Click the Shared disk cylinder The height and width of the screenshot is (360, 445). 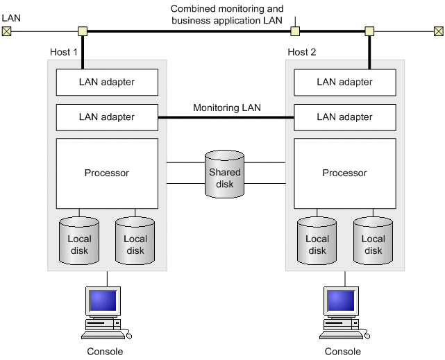click(x=224, y=174)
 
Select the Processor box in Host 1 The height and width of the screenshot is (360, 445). click(x=107, y=173)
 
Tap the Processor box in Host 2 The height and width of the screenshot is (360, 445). click(x=345, y=173)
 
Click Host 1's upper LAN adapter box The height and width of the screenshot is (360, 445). click(x=107, y=83)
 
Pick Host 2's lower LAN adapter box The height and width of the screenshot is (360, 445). click(x=345, y=117)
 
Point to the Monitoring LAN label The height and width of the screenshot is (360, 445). click(x=227, y=108)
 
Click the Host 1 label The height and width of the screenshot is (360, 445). click(x=64, y=52)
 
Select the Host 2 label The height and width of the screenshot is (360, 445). click(x=302, y=52)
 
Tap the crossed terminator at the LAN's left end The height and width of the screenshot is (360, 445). click(x=6, y=31)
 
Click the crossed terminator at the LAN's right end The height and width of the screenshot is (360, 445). click(x=439, y=31)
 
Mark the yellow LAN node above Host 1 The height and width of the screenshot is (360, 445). click(x=83, y=31)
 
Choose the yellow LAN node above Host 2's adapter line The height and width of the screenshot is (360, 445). click(x=369, y=31)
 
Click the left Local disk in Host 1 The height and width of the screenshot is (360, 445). click(x=79, y=241)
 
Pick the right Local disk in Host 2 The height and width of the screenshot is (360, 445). click(x=373, y=241)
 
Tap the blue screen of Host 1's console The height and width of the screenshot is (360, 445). click(x=103, y=301)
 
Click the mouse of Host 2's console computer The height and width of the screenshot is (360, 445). click(x=367, y=336)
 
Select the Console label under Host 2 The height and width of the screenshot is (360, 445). click(x=342, y=352)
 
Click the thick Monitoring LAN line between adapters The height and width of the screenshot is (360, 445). click(x=226, y=117)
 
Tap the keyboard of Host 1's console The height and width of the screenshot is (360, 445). click(x=103, y=335)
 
